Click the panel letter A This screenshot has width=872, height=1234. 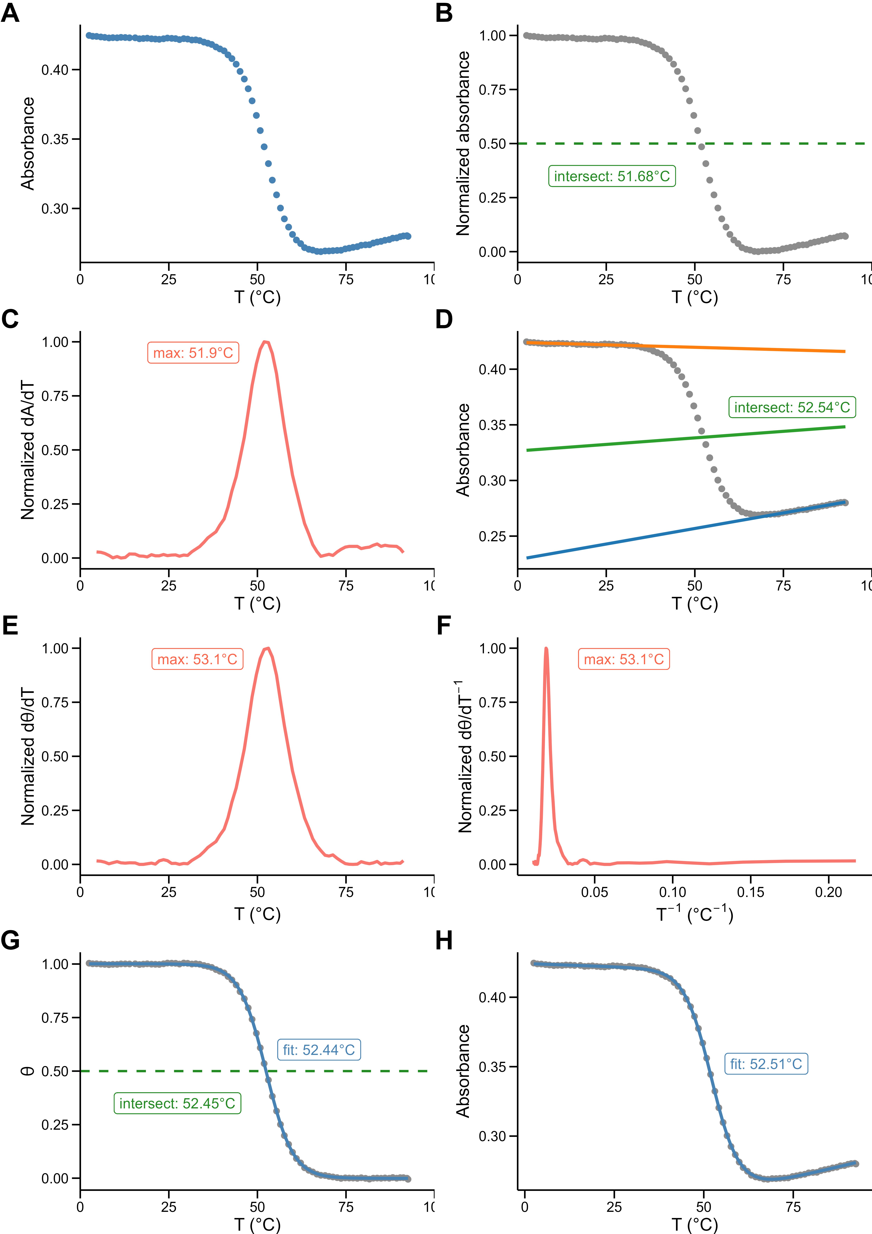click(10, 13)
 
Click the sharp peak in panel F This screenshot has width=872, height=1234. click(546, 649)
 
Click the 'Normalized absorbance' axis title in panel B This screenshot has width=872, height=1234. click(463, 144)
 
